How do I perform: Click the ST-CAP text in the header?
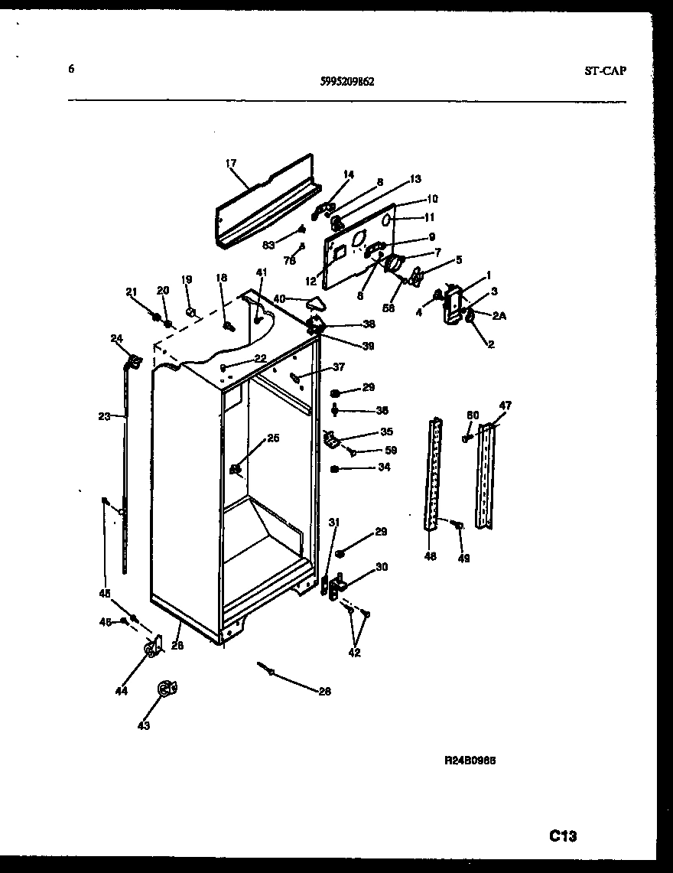pyautogui.click(x=604, y=70)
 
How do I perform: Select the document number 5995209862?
pyautogui.click(x=347, y=82)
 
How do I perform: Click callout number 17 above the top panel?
pyautogui.click(x=231, y=163)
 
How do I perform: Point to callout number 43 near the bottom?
pyautogui.click(x=144, y=725)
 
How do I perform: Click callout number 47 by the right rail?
pyautogui.click(x=506, y=406)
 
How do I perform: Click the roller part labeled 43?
pyautogui.click(x=166, y=689)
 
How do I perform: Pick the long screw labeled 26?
pyautogui.click(x=271, y=671)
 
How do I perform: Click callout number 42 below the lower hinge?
pyautogui.click(x=355, y=653)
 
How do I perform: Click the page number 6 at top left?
pyautogui.click(x=71, y=69)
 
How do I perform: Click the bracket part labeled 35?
pyautogui.click(x=331, y=440)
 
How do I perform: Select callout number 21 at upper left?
pyautogui.click(x=131, y=292)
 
